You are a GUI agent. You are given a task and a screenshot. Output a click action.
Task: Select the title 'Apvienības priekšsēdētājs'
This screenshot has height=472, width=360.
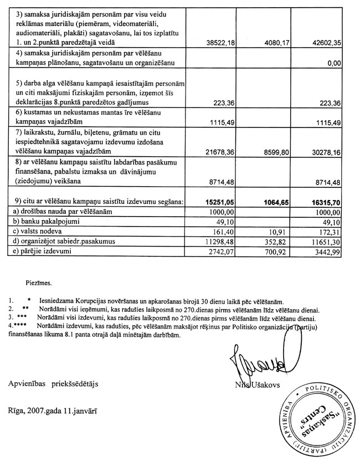pos(55,383)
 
